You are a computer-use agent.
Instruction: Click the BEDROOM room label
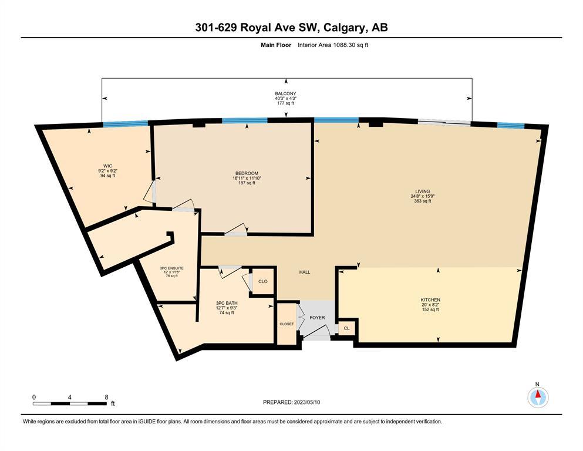[247, 173]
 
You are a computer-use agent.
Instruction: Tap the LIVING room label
[422, 191]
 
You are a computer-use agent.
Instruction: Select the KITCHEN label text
[430, 299]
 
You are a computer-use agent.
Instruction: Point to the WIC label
[108, 166]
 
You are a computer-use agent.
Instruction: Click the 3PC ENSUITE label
[172, 268]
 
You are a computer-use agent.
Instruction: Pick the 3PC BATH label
[227, 303]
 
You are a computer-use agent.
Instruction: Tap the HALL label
[305, 272]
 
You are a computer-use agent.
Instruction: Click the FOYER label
[317, 318]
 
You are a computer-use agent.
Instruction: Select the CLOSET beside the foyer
[287, 324]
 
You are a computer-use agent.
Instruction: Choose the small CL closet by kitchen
[346, 328]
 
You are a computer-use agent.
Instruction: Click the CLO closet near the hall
[263, 281]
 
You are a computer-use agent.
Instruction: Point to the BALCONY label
[285, 94]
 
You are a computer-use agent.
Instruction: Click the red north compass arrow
[538, 394]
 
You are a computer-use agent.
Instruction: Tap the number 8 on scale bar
[106, 397]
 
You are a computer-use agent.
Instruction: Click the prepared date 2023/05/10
[306, 402]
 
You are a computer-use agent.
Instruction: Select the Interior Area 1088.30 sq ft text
[333, 45]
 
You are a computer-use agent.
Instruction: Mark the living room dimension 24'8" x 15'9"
[423, 196]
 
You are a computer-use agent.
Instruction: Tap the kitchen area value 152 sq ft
[430, 309]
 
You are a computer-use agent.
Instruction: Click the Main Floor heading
[276, 45]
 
